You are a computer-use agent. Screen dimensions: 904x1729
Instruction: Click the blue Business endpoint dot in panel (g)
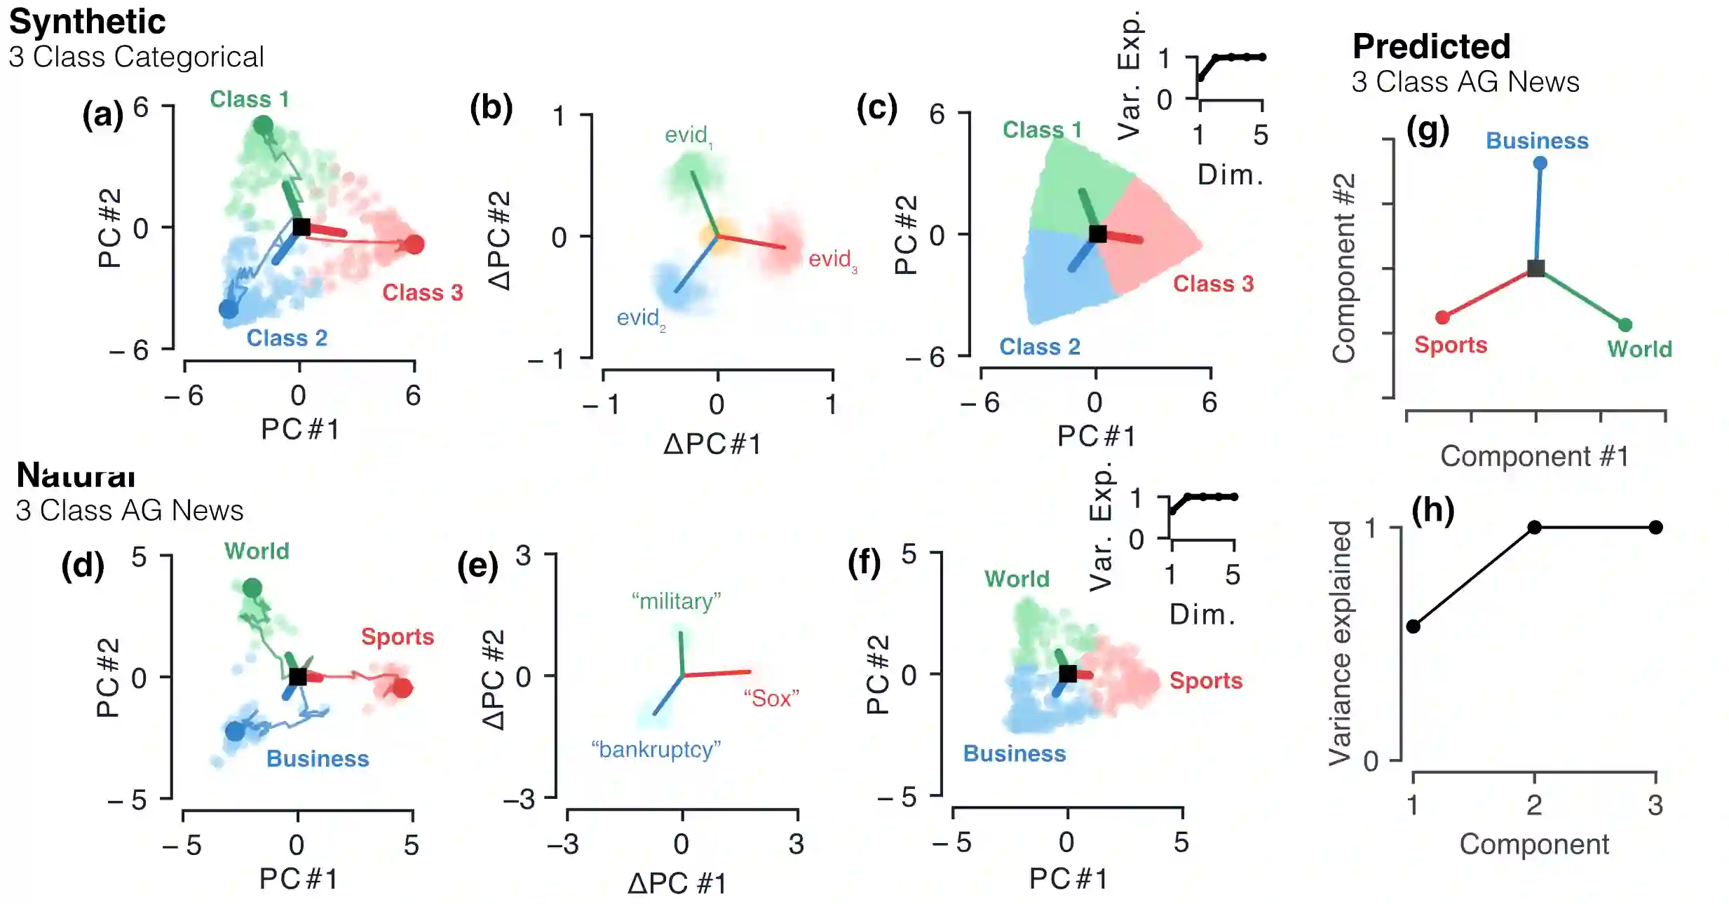coord(1540,163)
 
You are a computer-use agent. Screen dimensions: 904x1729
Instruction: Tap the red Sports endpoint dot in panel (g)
coord(1442,317)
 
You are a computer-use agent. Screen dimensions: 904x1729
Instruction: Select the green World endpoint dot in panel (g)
coord(1625,325)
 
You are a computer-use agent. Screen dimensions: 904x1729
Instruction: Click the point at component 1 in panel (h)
coord(1413,626)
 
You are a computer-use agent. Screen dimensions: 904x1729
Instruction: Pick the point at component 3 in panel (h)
coord(1655,527)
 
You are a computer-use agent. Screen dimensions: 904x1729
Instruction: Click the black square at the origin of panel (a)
coord(301,227)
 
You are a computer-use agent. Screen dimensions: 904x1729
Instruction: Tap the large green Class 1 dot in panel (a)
coord(263,126)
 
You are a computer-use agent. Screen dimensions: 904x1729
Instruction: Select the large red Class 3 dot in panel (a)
coord(414,244)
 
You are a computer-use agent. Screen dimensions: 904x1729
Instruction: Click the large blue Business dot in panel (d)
coord(235,732)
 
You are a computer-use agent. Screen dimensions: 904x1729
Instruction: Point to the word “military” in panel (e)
coord(676,601)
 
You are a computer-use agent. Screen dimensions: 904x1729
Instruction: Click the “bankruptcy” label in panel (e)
coord(656,749)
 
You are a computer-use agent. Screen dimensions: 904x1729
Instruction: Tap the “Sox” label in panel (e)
coord(771,698)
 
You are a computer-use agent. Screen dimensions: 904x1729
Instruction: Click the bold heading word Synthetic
coord(88,22)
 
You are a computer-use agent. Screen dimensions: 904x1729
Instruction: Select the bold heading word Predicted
coord(1431,47)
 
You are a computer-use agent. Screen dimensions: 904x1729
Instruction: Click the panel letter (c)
coord(876,109)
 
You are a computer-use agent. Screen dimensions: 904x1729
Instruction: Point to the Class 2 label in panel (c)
coord(1039,346)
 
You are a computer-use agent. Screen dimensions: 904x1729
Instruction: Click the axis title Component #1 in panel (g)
coord(1534,456)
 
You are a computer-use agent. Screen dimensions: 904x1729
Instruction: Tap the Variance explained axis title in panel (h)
coord(1340,643)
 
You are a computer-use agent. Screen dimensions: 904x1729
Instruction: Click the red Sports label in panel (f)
coord(1205,680)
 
